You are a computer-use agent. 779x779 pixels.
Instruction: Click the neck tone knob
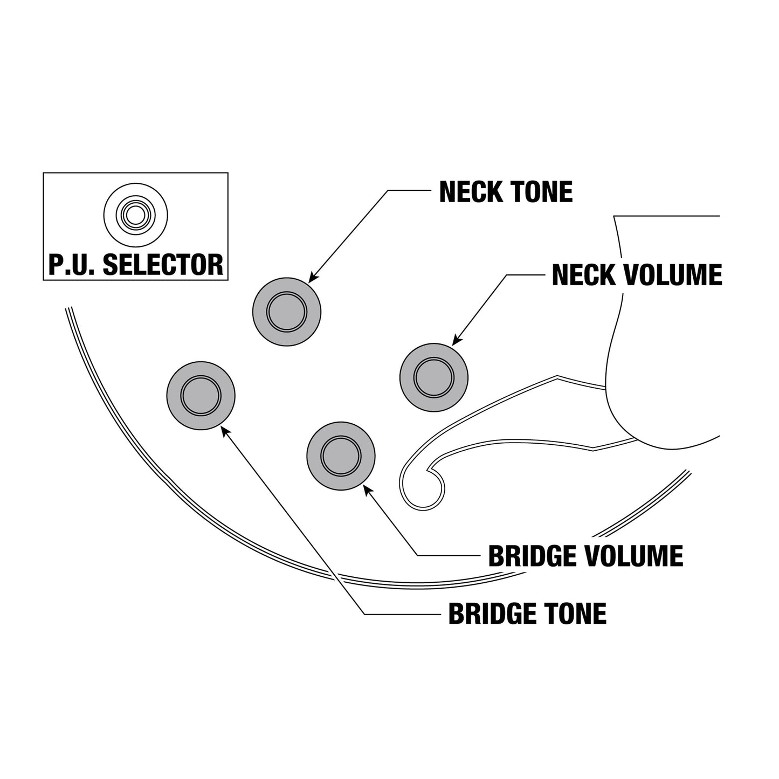coord(287,312)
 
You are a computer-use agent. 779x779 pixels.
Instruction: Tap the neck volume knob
coord(434,377)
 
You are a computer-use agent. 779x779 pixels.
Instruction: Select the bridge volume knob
coord(341,456)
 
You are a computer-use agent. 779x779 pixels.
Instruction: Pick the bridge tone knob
coord(201,395)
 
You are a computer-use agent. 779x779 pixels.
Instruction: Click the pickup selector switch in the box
coord(135,215)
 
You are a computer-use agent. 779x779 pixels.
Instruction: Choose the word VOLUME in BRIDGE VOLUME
coord(635,556)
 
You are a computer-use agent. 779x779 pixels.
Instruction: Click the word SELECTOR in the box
coord(163,265)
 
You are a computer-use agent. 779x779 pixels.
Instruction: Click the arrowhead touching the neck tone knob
coord(313,277)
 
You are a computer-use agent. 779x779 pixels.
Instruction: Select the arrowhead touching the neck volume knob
coord(457,340)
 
